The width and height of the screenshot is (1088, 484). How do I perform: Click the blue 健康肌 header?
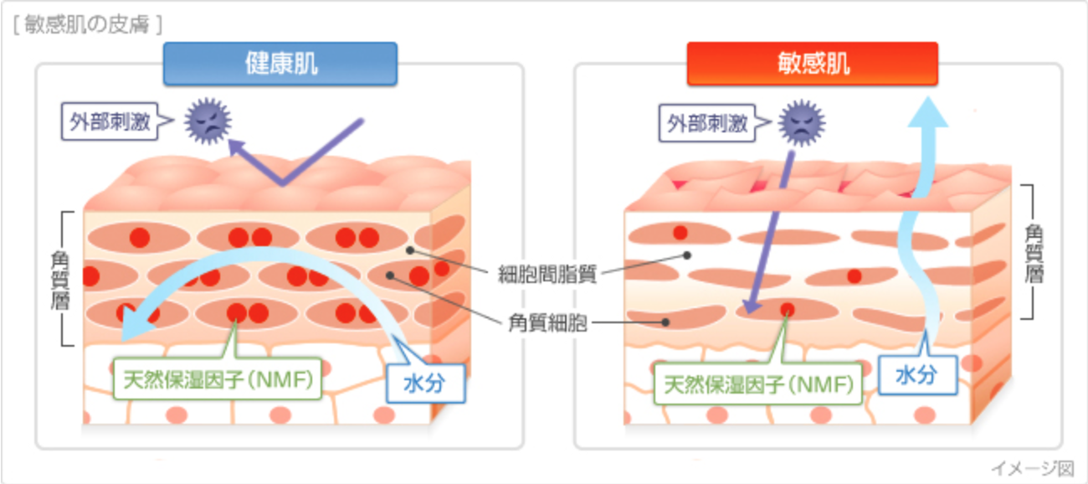coord(280,64)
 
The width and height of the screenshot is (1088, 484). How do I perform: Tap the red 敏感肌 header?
coord(812,64)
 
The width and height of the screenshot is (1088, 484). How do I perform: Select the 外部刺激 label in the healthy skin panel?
coord(110,121)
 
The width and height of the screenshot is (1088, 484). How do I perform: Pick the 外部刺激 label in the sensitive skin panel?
coord(706,123)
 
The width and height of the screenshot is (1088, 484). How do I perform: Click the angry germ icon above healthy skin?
coord(208,121)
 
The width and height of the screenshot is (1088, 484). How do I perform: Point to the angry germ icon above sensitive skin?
coord(802,123)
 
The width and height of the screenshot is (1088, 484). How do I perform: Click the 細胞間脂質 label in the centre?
coord(547,275)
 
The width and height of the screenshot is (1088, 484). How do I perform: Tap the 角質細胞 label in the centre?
coord(547,322)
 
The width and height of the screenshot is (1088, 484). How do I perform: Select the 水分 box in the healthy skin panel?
coord(425,384)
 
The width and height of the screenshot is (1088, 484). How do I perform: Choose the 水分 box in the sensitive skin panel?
coord(917,375)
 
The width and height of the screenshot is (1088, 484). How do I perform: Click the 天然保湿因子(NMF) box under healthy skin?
coord(217,379)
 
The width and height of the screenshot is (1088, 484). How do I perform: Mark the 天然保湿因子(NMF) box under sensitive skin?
coord(757,384)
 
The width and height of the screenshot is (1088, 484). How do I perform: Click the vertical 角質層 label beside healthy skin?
coord(61,281)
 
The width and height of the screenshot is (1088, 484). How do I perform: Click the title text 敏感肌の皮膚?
coord(87,24)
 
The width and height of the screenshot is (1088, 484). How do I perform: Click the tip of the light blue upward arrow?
coord(928,96)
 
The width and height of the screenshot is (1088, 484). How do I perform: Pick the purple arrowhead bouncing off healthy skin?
coord(237,147)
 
